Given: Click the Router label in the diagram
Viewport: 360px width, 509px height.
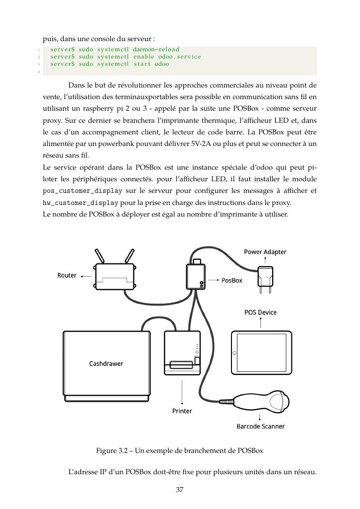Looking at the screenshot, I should [x=67, y=276].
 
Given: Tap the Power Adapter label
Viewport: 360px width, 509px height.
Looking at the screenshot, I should [x=265, y=252].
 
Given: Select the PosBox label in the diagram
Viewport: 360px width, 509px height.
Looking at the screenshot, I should [x=231, y=280].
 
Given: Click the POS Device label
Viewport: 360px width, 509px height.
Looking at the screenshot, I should [x=260, y=312].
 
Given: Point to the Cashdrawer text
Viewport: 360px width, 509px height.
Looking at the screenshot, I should [x=106, y=364].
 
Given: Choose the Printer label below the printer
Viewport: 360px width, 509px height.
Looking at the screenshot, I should [x=182, y=411].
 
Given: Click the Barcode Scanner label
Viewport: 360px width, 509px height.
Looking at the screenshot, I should [x=260, y=426].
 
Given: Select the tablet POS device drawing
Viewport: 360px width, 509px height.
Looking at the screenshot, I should [x=261, y=353].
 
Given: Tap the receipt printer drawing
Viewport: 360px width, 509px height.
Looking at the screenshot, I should [x=182, y=353].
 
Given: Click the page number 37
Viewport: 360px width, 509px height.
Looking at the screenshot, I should [x=179, y=490].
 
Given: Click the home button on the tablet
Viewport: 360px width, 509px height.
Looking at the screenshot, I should [x=235, y=353].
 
